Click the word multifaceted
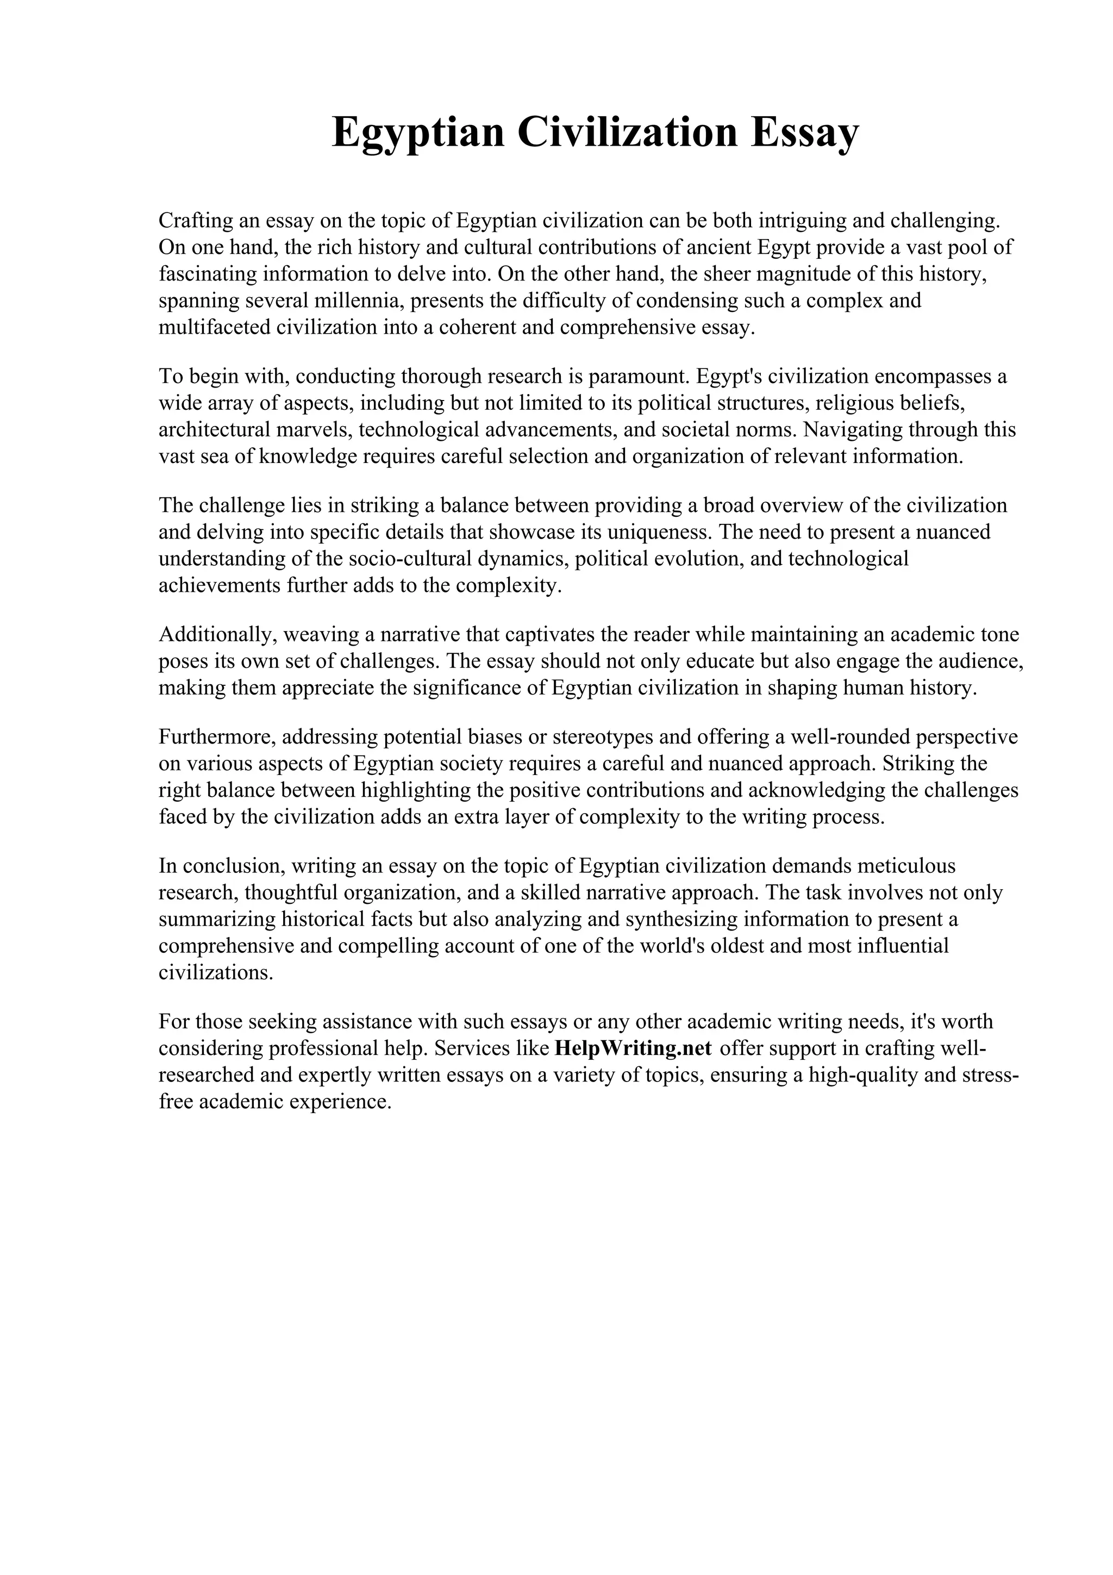point(214,327)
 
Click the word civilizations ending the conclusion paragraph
point(215,973)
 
